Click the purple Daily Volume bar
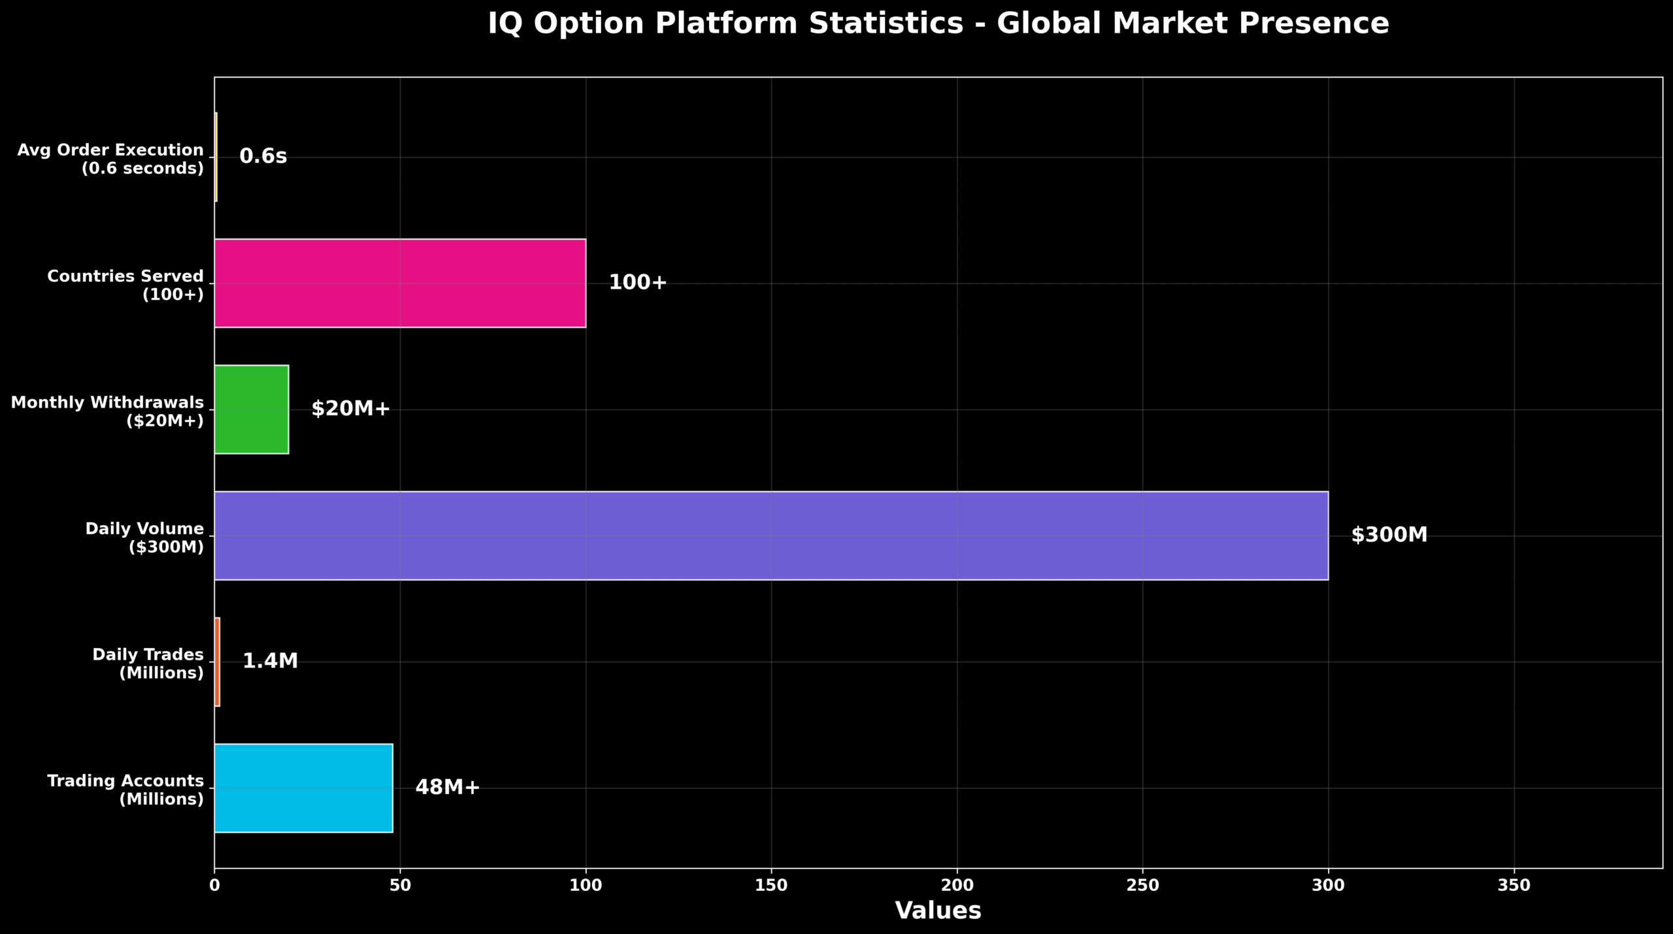(771, 536)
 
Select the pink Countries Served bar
(400, 283)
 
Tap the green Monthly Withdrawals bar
(252, 410)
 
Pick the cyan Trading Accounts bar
(303, 788)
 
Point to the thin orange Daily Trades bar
(217, 662)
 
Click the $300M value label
(1389, 536)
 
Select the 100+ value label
(637, 283)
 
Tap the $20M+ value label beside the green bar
(350, 410)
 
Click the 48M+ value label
(448, 788)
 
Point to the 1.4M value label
(270, 662)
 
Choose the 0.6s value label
(263, 157)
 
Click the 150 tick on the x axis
(771, 886)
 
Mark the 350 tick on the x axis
(1514, 886)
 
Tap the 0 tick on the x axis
(214, 886)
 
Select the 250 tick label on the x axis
(1142, 886)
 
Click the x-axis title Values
(938, 911)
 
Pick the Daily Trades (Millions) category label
(148, 664)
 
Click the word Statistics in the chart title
(886, 24)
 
